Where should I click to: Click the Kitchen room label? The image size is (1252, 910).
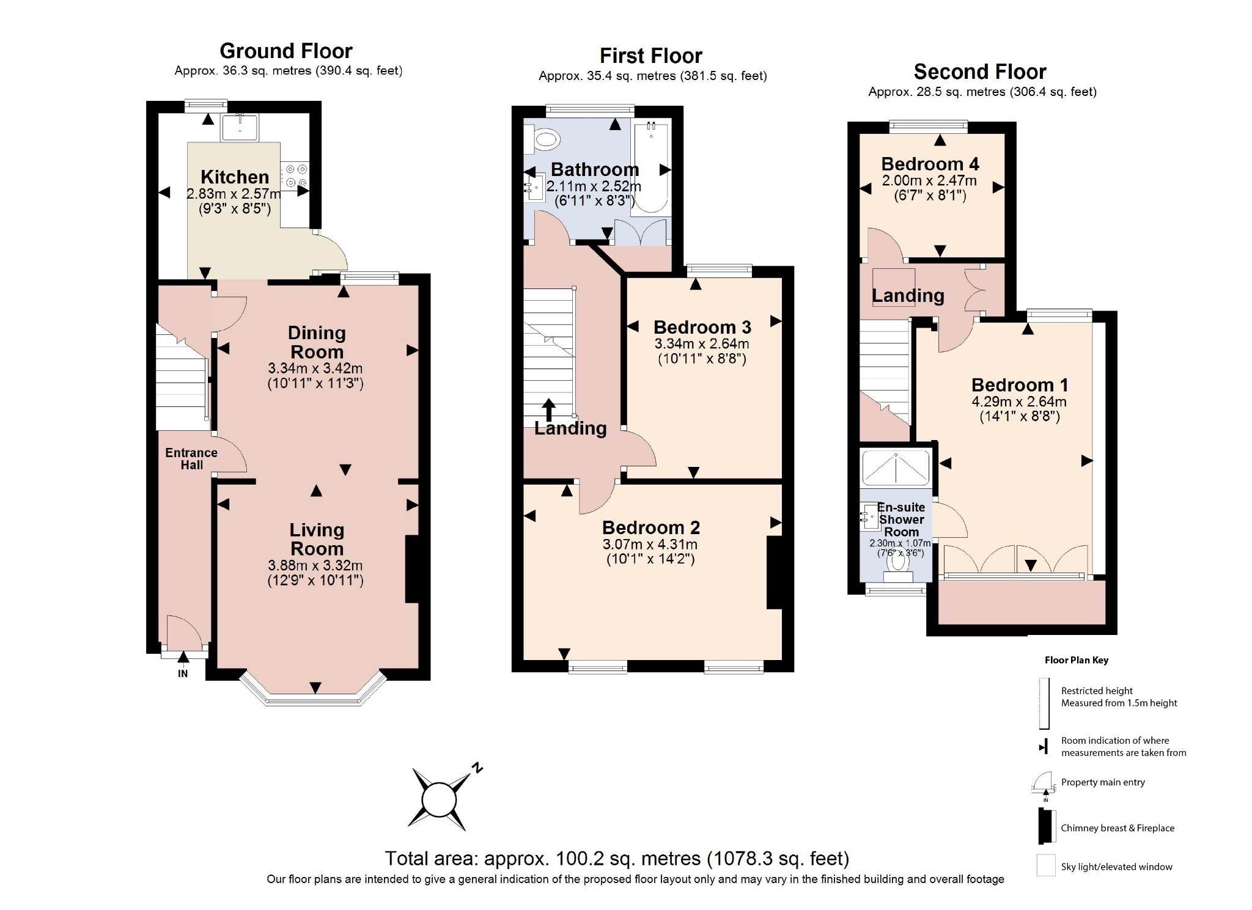click(x=235, y=177)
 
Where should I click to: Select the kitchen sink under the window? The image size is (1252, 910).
click(x=240, y=128)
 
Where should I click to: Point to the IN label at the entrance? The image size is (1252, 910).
click(x=183, y=673)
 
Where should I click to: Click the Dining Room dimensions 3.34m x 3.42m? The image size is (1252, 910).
click(x=315, y=369)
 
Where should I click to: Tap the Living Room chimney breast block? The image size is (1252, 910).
click(x=412, y=569)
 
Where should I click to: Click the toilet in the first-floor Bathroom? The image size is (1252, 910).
click(x=543, y=139)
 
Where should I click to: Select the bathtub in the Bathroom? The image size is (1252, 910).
click(x=650, y=167)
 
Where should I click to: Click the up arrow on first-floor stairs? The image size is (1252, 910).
click(x=549, y=409)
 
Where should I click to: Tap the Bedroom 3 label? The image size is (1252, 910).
click(x=702, y=328)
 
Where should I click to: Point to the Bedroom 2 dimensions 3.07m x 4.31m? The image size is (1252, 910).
click(x=650, y=545)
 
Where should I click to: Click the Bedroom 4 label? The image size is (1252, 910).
click(x=930, y=164)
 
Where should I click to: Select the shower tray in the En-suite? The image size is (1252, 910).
click(x=896, y=468)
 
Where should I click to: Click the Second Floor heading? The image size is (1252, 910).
click(x=980, y=72)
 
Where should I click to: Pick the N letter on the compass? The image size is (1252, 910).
click(x=477, y=769)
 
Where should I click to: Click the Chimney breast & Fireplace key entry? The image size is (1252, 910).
click(x=1118, y=828)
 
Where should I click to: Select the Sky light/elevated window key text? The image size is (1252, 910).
click(x=1116, y=867)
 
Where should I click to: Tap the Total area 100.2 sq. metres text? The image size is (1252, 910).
click(x=617, y=859)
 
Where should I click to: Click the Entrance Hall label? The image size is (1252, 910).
click(x=191, y=458)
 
